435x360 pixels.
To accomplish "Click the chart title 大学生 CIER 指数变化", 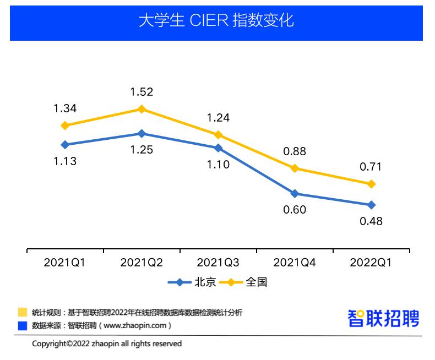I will [x=216, y=21].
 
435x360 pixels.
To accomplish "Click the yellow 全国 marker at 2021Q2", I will [x=142, y=109].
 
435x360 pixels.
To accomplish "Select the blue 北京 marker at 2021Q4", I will [x=295, y=194].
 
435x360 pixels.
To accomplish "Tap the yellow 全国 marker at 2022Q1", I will [x=372, y=184].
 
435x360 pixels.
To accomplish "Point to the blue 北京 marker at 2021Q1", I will [x=65, y=145].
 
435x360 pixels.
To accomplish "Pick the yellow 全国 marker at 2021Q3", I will [x=218, y=135].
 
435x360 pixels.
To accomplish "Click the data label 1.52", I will [x=142, y=92].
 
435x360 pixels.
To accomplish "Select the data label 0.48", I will [x=371, y=221].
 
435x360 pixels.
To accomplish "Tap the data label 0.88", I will [x=294, y=151].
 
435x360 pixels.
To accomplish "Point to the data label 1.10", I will [x=218, y=164].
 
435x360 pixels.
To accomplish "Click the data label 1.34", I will [x=64, y=108].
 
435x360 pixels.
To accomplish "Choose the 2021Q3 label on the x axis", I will [x=218, y=263].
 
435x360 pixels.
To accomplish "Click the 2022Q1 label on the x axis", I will [x=371, y=263].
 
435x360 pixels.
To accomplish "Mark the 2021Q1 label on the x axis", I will [x=64, y=263].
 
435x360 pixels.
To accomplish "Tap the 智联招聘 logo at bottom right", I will [x=383, y=319].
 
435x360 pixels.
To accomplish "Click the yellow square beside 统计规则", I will [x=23, y=313].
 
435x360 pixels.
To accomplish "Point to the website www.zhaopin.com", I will [x=134, y=325].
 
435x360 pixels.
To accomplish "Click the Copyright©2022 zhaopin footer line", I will [x=107, y=343].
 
